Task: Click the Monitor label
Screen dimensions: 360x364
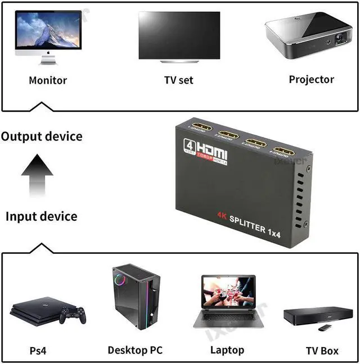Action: pos(48,80)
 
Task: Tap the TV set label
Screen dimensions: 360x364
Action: pos(178,80)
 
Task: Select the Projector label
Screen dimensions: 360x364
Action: pos(311,79)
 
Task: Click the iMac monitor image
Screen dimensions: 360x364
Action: pos(48,35)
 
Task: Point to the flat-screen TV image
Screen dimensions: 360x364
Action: pos(179,37)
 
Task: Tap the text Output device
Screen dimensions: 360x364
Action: pos(42,136)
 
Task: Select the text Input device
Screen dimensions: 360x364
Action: pos(42,216)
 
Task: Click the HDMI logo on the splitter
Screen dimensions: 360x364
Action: pos(206,151)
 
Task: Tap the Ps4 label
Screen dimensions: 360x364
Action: pos(38,351)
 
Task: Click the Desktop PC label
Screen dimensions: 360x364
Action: pos(135,351)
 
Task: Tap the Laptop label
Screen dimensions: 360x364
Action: pos(227,351)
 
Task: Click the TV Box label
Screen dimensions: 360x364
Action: pos(322,351)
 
